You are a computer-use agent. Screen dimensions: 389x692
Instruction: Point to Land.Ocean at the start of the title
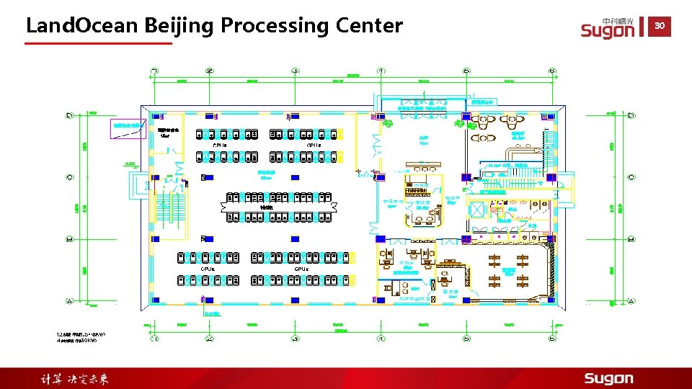click(x=81, y=26)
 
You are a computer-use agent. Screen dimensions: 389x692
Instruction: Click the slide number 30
click(x=660, y=26)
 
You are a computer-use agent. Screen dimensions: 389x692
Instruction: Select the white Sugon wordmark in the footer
click(x=608, y=378)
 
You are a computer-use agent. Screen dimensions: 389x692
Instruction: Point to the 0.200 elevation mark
click(x=130, y=164)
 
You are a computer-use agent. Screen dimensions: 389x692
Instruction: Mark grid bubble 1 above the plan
click(x=156, y=71)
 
